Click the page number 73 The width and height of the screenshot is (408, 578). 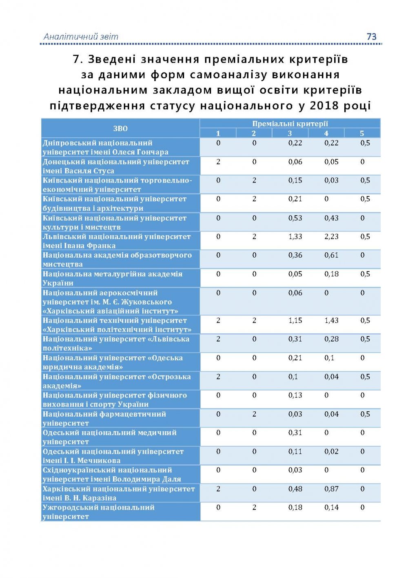coord(371,37)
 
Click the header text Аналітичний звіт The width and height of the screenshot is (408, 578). coord(81,37)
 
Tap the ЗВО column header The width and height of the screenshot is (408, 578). coord(120,128)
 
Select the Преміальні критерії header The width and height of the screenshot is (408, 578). coord(290,124)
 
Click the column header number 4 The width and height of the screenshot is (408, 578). coord(326,133)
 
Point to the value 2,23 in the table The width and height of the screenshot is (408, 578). coord(331,237)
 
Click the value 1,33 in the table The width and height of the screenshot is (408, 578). coord(295,237)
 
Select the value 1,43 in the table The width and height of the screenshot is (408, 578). coord(331,321)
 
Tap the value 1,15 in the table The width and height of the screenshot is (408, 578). coord(295,321)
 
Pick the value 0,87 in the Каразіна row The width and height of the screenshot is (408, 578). coord(331,489)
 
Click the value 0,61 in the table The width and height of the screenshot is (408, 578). coord(331,255)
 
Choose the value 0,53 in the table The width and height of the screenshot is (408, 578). coord(295,218)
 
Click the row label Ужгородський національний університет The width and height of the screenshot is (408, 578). coord(98,512)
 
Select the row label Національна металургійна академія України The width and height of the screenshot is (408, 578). coord(112,278)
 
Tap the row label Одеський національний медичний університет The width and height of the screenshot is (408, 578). coord(109,437)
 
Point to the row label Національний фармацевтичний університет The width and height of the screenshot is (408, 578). coord(104,418)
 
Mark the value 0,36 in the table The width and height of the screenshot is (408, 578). coord(295,255)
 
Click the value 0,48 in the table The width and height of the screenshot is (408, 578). coord(295,489)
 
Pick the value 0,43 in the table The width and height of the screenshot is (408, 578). coord(331,218)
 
